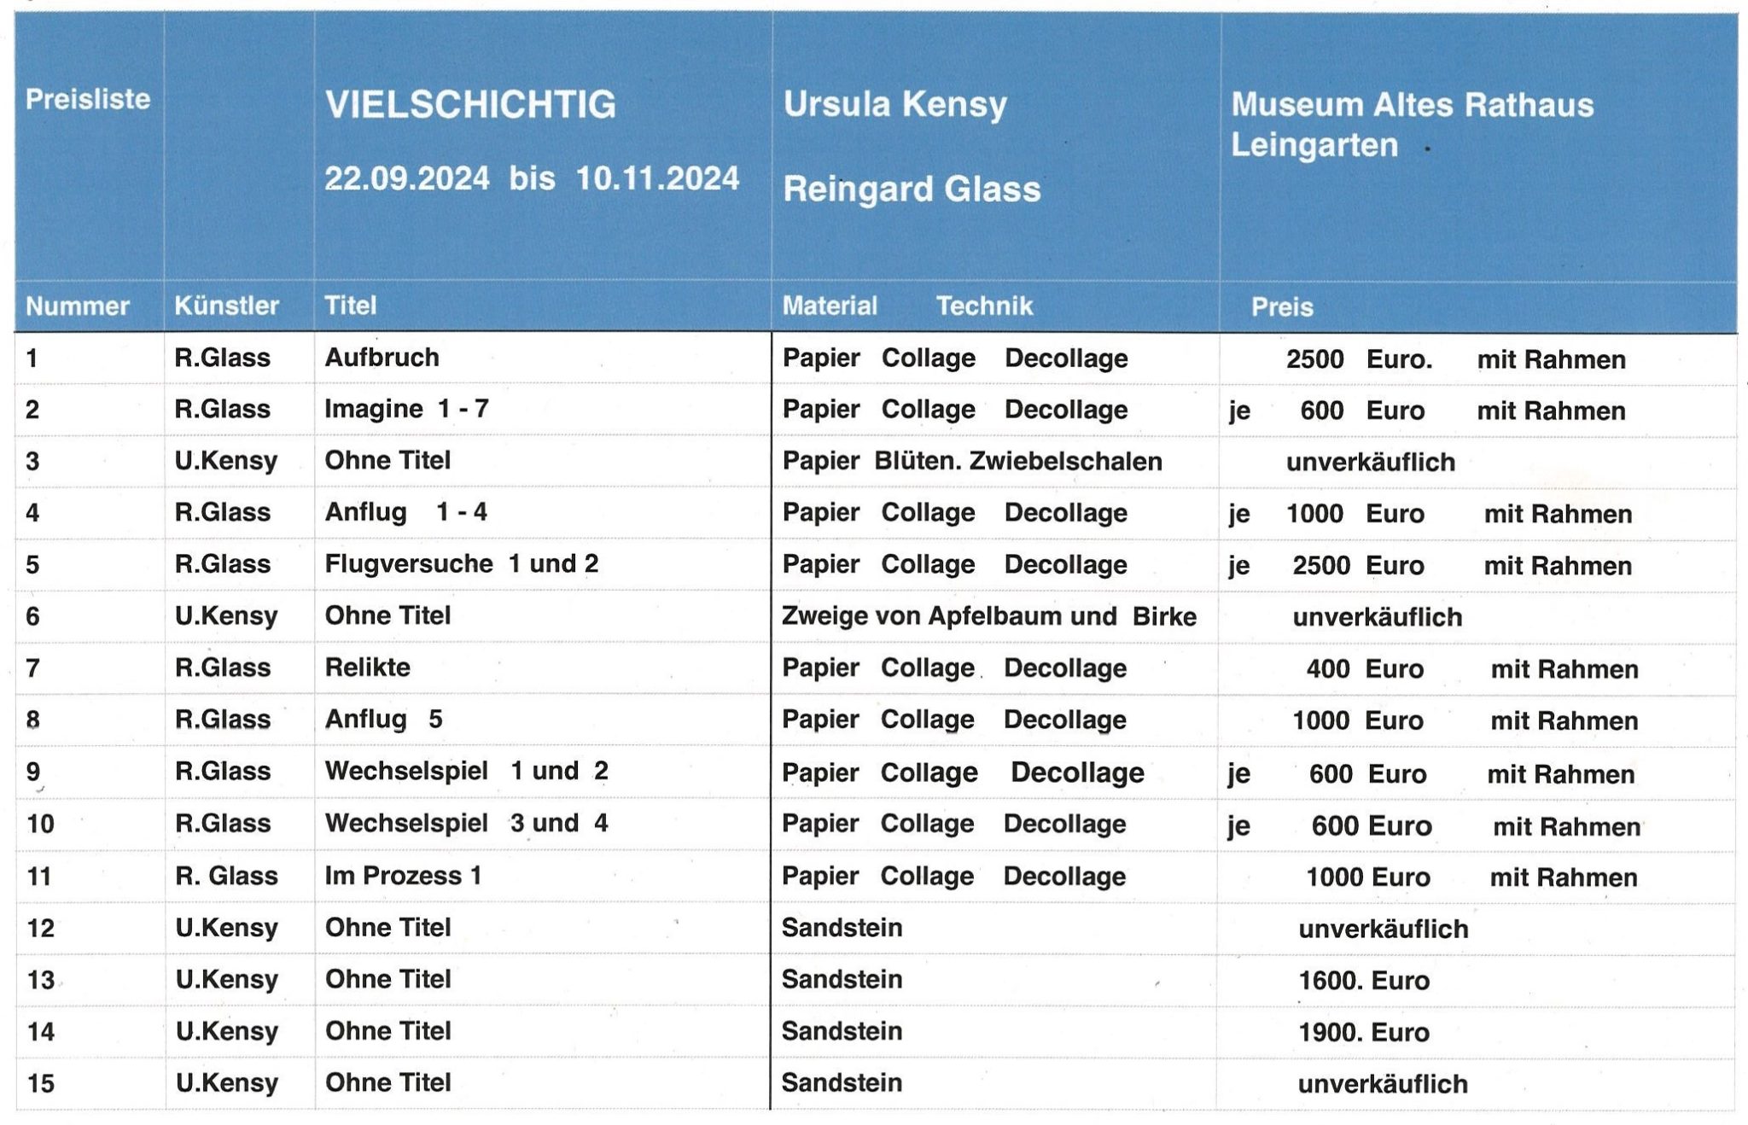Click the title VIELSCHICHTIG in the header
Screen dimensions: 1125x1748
470,105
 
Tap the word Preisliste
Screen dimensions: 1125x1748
88,99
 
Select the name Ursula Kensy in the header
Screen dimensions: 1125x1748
895,104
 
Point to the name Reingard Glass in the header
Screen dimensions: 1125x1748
912,189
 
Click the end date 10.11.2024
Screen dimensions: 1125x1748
657,178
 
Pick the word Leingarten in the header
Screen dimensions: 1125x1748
1314,145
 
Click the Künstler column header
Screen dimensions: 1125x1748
226,306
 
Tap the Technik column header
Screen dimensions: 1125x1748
984,306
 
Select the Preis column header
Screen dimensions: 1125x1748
1281,306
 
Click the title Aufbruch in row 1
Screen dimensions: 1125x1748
382,357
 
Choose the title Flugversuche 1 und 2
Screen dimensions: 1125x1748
461,563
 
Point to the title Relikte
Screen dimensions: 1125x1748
367,667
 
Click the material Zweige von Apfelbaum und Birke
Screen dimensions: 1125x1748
988,615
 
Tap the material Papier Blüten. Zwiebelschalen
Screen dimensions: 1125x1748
971,461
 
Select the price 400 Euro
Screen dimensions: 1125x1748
1364,668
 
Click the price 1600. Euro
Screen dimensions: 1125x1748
1363,980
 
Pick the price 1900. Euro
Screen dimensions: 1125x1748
1363,1032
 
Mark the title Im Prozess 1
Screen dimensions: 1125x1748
403,875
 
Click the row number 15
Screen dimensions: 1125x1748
41,1083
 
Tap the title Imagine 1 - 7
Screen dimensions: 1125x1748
406,409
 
